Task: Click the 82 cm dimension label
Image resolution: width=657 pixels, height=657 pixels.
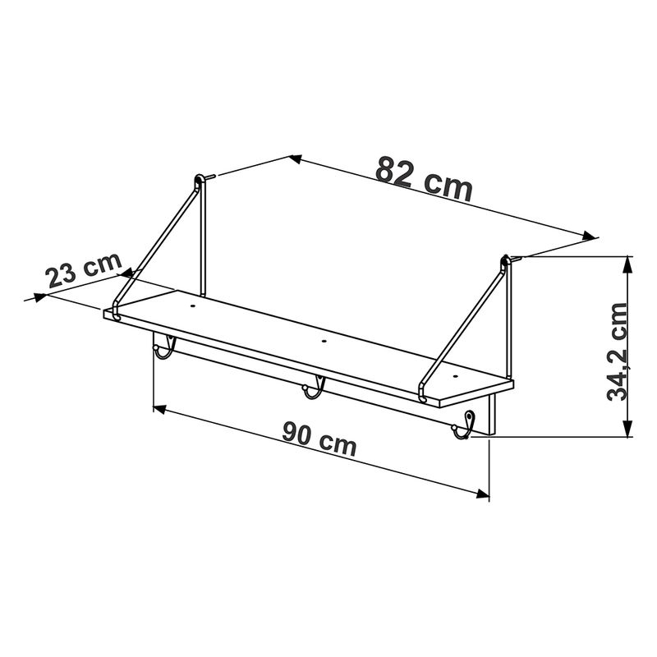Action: [x=424, y=179]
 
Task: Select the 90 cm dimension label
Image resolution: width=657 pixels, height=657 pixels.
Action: [x=319, y=439]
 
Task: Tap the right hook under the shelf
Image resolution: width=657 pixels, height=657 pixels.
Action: [x=464, y=425]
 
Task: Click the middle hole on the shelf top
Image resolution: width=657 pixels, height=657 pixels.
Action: [x=323, y=341]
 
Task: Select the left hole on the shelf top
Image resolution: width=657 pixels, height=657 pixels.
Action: [x=193, y=306]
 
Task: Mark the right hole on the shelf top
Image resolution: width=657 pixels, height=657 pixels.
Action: [x=456, y=376]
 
